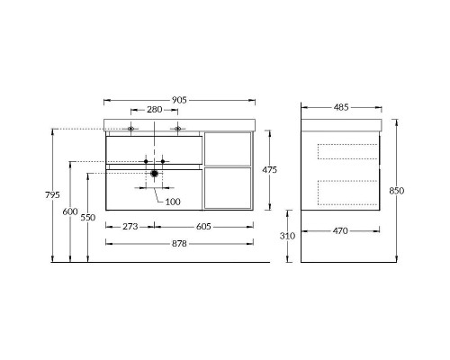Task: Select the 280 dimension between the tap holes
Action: [155, 110]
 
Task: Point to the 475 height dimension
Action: [269, 169]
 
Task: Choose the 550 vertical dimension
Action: [88, 217]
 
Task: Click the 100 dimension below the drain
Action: [173, 201]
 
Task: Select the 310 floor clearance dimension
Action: [287, 235]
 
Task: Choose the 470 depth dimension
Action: [340, 230]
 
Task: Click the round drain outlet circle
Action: [155, 173]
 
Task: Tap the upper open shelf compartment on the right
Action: [227, 149]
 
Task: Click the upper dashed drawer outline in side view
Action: [348, 151]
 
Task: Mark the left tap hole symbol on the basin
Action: [131, 129]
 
